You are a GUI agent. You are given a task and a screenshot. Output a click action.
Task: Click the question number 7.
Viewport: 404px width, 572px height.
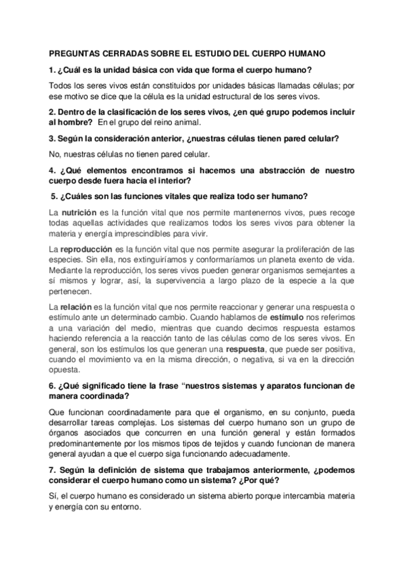pos(52,468)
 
